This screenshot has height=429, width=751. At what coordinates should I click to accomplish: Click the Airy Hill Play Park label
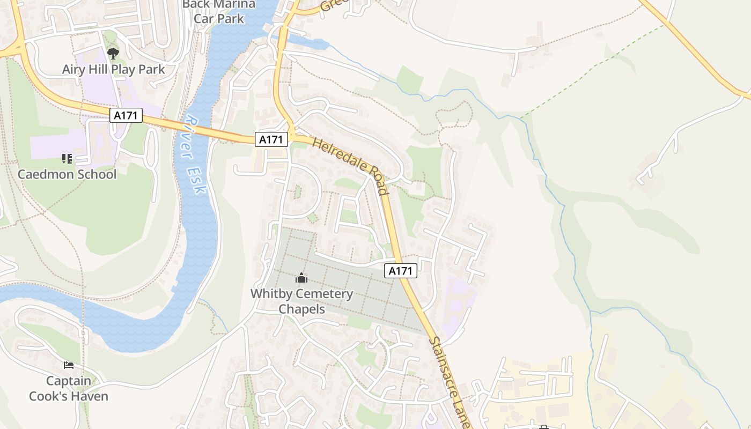point(113,69)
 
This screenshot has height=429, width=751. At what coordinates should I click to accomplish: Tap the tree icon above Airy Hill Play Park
point(113,53)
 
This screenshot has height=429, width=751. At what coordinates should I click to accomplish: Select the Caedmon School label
point(67,174)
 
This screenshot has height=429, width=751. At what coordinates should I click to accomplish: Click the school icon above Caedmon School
point(67,158)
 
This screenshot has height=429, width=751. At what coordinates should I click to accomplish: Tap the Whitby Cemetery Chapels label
point(301,301)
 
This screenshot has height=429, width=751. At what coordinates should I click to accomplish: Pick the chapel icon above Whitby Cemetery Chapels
point(301,278)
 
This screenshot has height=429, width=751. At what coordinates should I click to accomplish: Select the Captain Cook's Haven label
point(69,389)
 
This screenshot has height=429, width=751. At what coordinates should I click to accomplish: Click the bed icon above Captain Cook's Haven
point(69,365)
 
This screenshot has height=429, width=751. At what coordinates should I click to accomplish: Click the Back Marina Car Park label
point(219,11)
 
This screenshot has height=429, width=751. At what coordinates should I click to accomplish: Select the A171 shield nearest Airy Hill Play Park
point(126,115)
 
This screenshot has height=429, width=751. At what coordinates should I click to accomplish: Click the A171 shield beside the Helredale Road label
point(271,140)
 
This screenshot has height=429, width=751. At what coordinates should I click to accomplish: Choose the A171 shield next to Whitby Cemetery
point(401,271)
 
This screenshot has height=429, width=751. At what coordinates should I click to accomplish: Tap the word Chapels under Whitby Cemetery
point(301,309)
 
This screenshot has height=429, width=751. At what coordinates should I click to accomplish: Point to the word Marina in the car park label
point(234,4)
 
